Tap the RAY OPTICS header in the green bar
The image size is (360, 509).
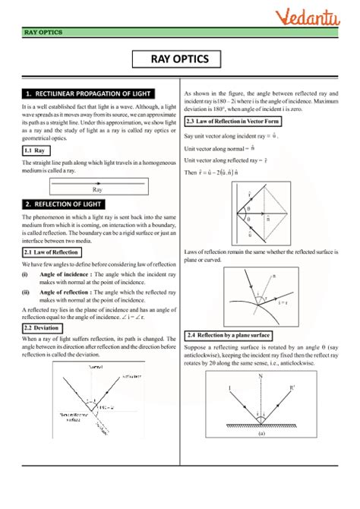tap(43, 33)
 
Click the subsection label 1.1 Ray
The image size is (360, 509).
tap(33, 151)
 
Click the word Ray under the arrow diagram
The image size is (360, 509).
tap(97, 189)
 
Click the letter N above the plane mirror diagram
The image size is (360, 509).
tap(261, 376)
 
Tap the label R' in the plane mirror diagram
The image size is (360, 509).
tap(293, 390)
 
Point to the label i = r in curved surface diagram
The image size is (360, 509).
tap(283, 302)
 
